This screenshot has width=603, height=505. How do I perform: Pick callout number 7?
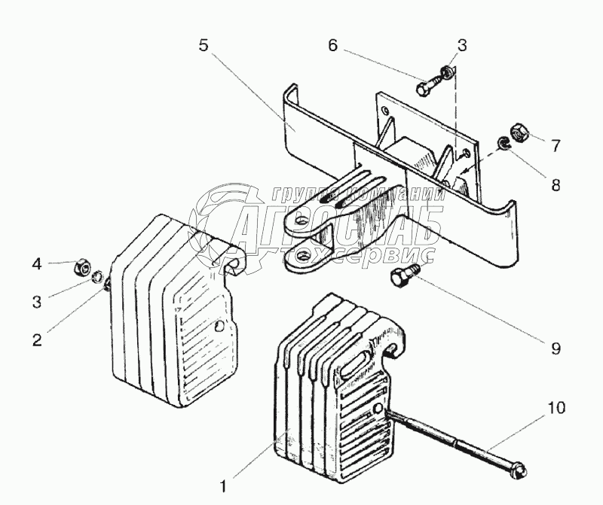pyautogui.click(x=556, y=145)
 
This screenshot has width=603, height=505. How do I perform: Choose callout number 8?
pyautogui.click(x=556, y=184)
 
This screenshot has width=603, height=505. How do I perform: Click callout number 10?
pyautogui.click(x=556, y=410)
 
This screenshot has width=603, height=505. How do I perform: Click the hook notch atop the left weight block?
pyautogui.click(x=232, y=260)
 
